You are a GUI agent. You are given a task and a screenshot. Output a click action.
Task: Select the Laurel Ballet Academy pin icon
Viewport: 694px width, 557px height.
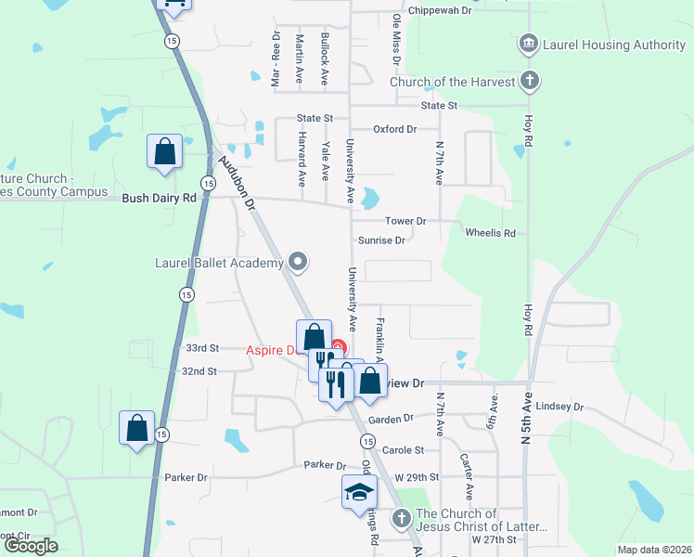click(x=298, y=263)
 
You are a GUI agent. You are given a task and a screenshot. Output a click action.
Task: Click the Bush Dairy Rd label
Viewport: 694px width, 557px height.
click(x=160, y=198)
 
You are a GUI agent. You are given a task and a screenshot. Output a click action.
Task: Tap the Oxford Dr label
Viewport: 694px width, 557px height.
click(x=394, y=129)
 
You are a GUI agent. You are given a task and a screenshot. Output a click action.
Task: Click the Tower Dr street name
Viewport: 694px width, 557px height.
click(x=405, y=221)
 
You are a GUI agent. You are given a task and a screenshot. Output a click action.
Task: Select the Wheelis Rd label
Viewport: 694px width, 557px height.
click(x=490, y=233)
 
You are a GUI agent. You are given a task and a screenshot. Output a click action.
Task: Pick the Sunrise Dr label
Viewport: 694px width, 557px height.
click(x=382, y=240)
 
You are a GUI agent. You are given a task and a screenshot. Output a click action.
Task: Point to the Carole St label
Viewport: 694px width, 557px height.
click(x=403, y=449)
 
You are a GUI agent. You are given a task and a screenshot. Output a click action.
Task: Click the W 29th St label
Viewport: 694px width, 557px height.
click(x=416, y=476)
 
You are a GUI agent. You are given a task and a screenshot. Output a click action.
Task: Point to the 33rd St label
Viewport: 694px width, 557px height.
click(x=201, y=348)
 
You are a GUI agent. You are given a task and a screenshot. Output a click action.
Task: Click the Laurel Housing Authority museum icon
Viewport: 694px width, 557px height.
click(x=529, y=44)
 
